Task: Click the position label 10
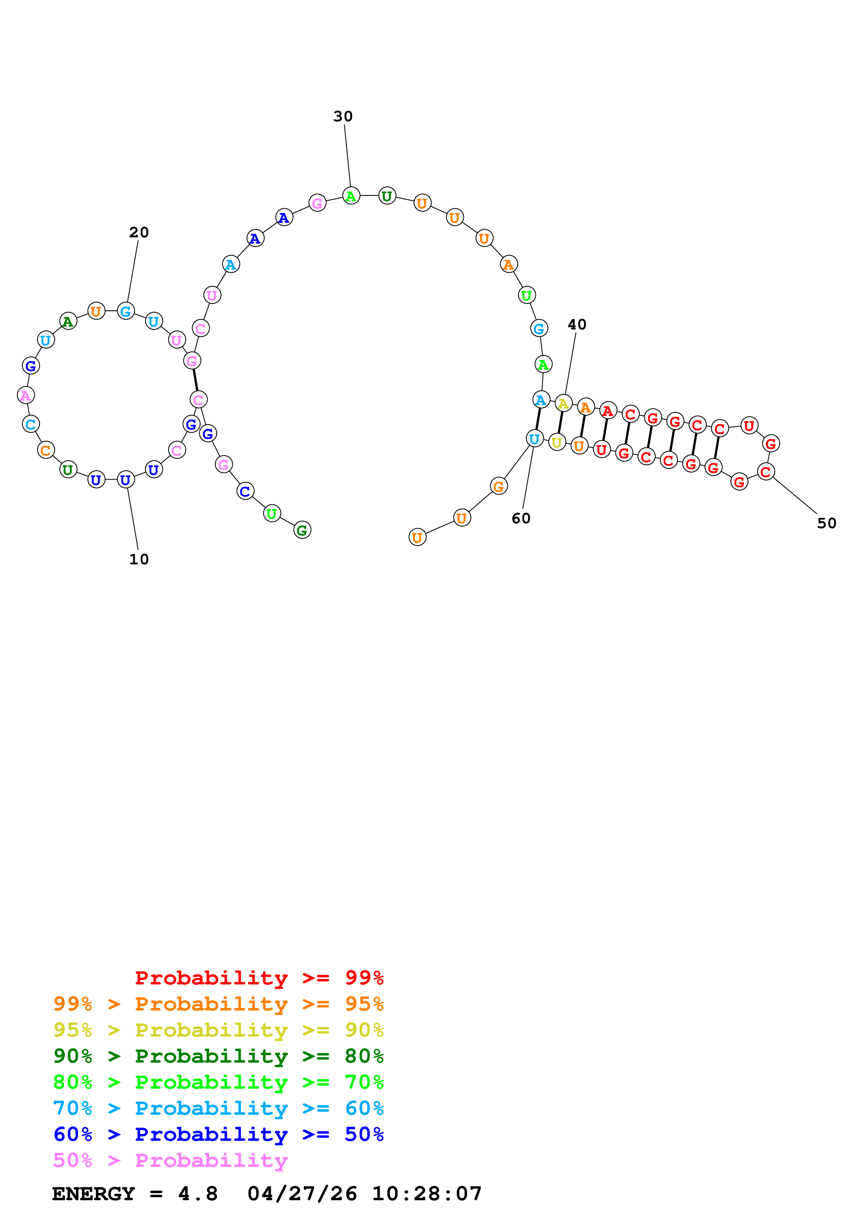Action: (x=139, y=559)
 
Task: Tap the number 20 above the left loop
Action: (x=139, y=232)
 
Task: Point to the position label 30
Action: (x=343, y=116)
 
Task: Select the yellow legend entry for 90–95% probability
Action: (x=218, y=1030)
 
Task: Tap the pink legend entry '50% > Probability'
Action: (x=170, y=1161)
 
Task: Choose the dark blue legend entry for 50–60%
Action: (x=218, y=1135)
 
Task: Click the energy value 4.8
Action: (x=198, y=1194)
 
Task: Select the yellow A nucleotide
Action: (x=563, y=404)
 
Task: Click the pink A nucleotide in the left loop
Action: (x=25, y=395)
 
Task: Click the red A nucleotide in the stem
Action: (x=608, y=411)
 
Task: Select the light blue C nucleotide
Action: (x=31, y=424)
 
